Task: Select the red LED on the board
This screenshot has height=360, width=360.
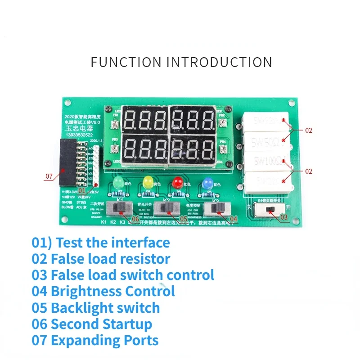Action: click(176, 182)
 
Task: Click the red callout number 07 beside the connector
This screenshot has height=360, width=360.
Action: click(49, 176)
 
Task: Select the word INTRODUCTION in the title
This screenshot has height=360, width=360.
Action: click(219, 62)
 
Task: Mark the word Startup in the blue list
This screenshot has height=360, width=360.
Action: click(127, 324)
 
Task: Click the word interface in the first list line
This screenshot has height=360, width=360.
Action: click(141, 243)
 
